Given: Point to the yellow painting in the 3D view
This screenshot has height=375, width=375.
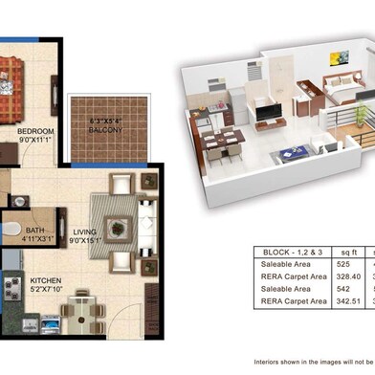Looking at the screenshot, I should click(338, 58).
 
